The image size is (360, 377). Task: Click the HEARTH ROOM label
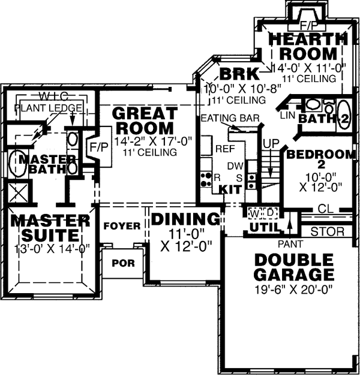pos(303,46)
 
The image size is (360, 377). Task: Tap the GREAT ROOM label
pos(144,120)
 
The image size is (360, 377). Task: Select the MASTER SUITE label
pos(49,228)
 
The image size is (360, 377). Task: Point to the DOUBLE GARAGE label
pos(293,268)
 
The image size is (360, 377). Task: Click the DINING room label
pos(185,219)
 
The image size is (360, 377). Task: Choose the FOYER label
pos(122,226)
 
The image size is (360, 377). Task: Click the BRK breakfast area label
pos(238,75)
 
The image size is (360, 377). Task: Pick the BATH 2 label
pos(324,119)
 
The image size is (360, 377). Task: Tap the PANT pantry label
pos(289,244)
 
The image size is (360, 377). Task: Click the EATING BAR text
pos(230,117)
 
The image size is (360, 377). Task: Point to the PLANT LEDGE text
pos(41,108)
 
